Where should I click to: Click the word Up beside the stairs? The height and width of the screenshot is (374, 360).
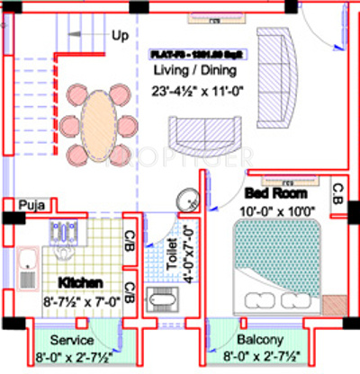point(119,36)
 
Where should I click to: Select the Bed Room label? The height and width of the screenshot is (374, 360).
point(275,193)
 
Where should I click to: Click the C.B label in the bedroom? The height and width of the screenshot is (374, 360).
point(337,193)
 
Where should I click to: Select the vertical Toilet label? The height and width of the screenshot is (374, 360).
point(171,254)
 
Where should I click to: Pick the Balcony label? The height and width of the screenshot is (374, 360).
point(261,342)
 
